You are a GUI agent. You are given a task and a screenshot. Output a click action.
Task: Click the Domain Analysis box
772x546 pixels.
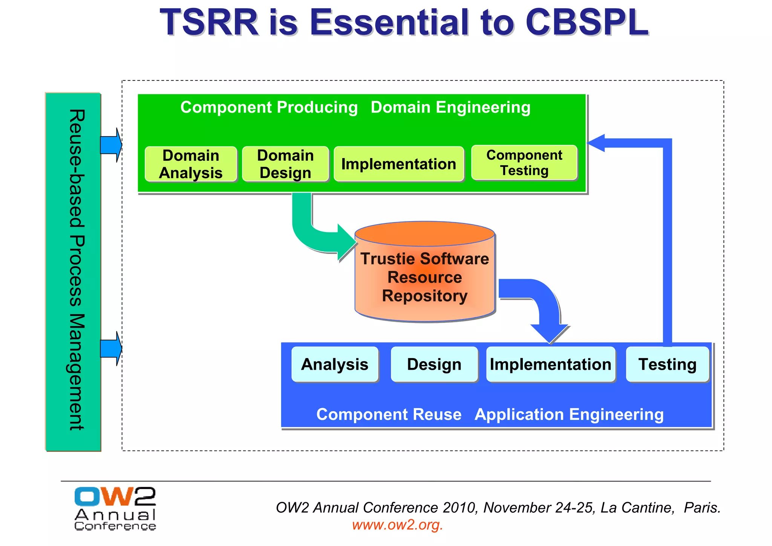191,164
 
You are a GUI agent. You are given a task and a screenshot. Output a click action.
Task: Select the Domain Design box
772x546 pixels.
285,164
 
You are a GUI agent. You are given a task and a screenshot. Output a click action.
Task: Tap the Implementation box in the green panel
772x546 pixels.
399,164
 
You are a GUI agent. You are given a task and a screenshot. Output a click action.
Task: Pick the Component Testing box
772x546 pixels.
524,163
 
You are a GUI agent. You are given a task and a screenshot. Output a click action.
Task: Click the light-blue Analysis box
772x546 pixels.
335,364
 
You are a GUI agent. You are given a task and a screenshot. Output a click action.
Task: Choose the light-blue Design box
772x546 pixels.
434,364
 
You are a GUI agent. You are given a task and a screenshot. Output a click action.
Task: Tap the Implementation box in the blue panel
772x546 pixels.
550,364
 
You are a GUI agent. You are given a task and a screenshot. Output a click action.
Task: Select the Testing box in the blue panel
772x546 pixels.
667,364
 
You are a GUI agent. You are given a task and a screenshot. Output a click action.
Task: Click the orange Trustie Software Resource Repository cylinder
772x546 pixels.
425,277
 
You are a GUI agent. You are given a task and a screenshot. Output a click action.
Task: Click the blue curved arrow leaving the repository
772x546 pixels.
543,302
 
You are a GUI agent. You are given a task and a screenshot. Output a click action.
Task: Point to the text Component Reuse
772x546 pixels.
389,414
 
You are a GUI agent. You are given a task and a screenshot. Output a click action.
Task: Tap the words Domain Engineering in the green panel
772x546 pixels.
450,108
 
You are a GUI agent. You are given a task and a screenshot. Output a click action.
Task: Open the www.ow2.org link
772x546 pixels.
397,525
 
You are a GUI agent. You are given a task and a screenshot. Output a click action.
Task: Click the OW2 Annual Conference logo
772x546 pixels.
115,509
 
